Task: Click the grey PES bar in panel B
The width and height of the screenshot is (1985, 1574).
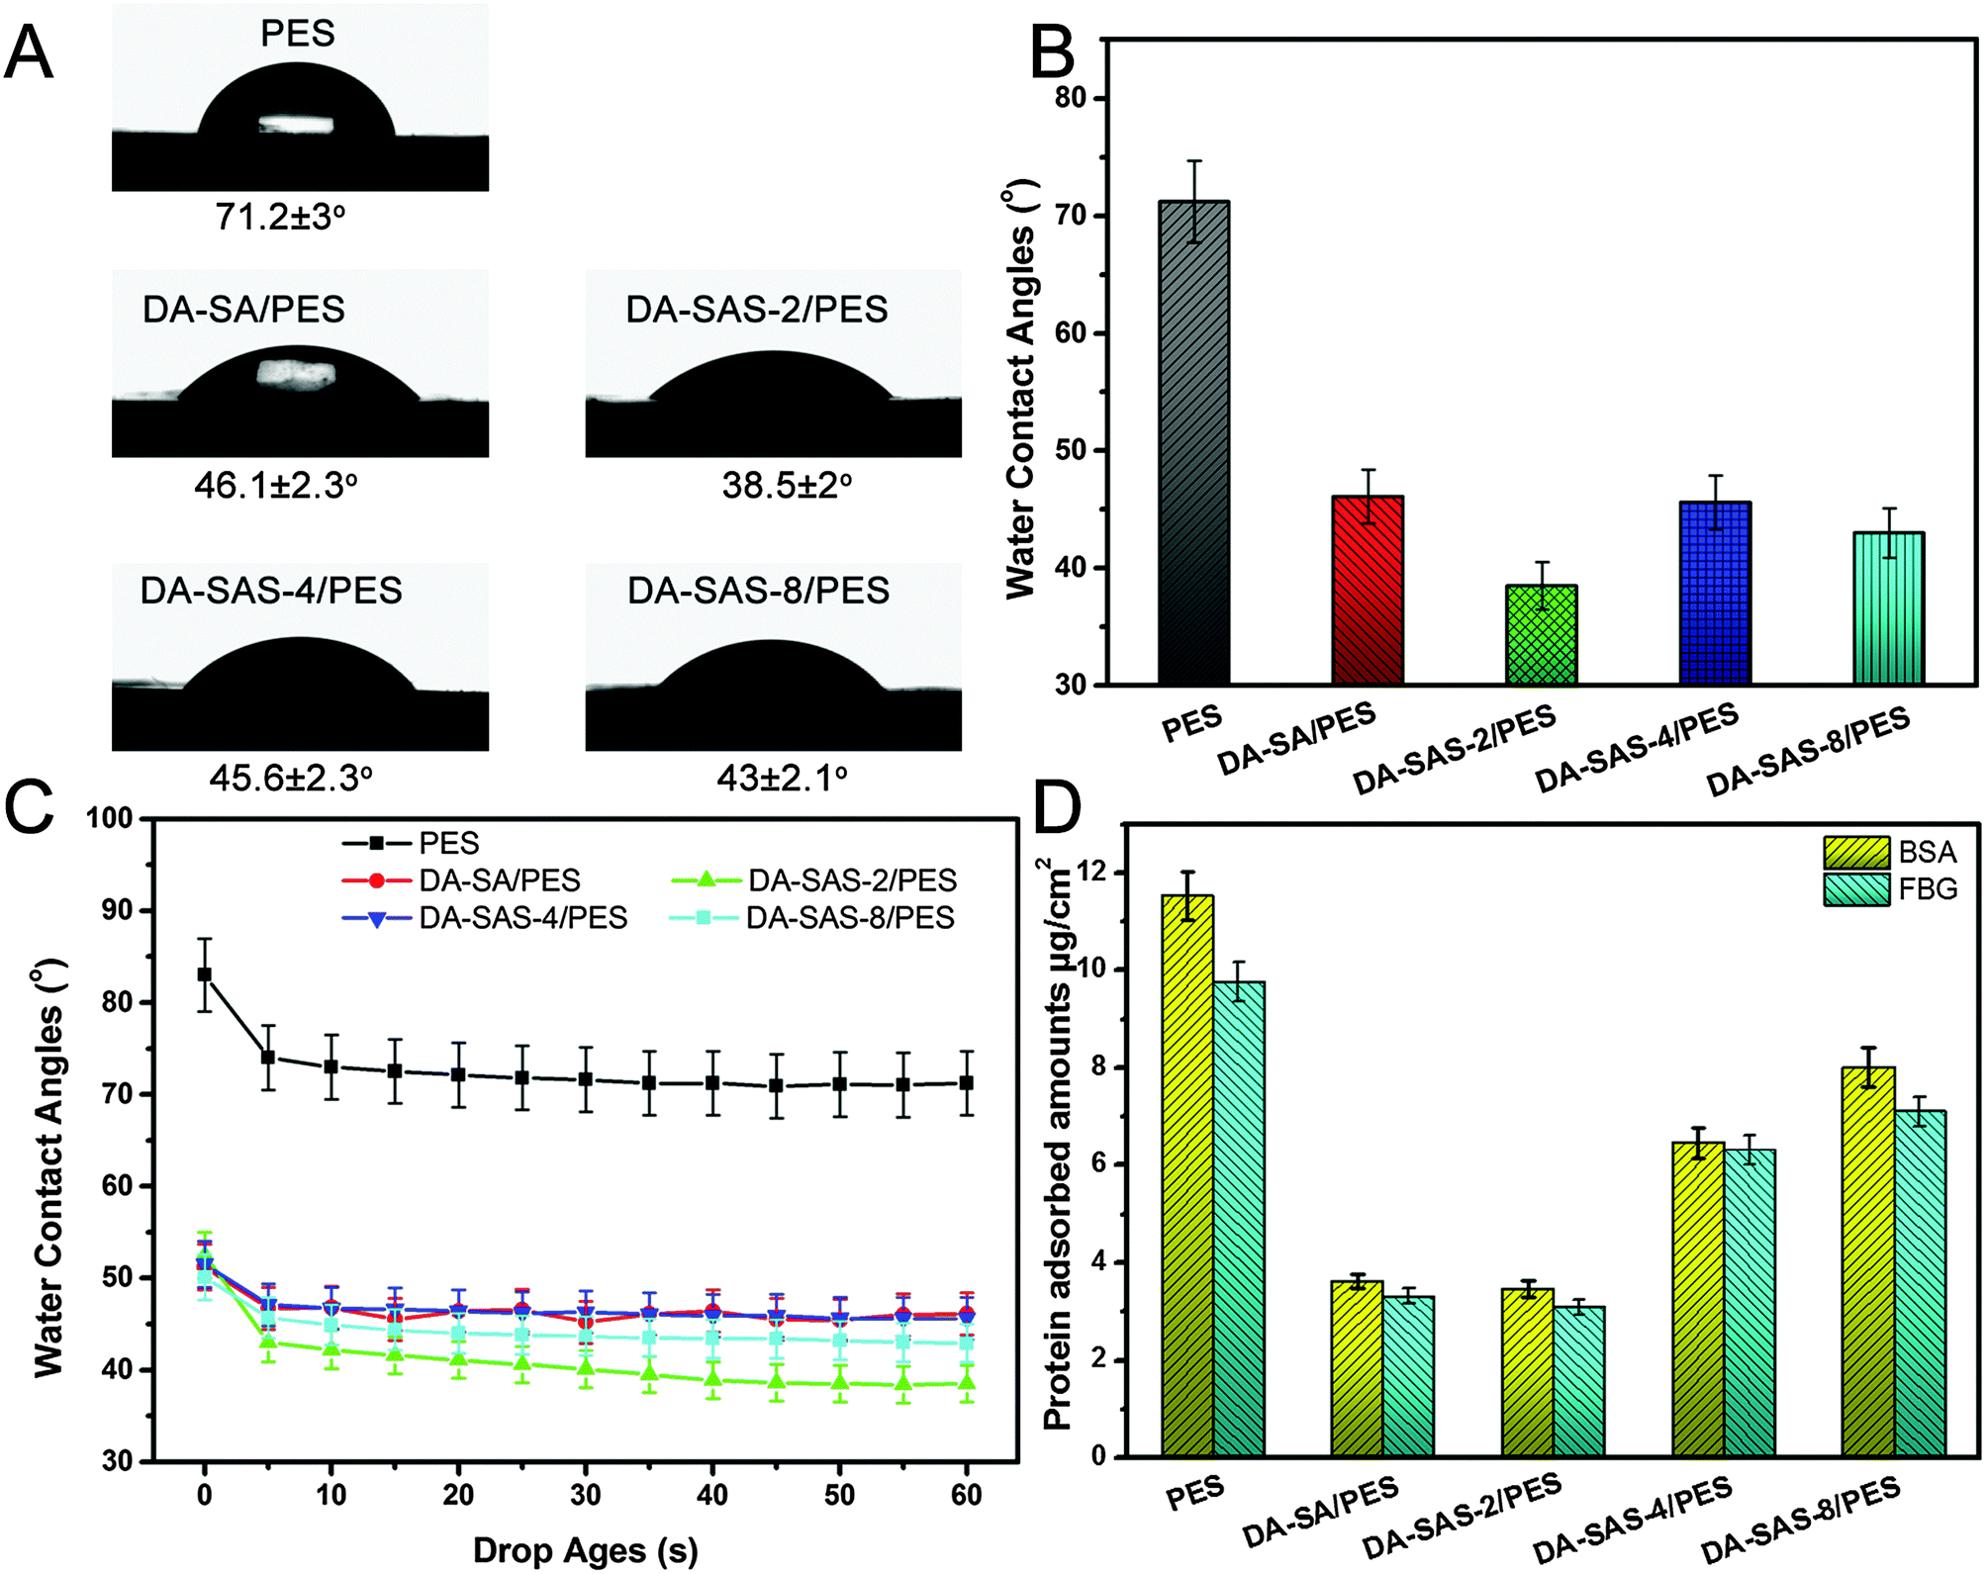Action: (x=1194, y=442)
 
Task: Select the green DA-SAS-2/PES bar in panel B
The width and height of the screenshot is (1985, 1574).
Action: (x=1541, y=634)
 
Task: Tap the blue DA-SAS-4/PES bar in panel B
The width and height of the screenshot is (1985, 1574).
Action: (x=1715, y=593)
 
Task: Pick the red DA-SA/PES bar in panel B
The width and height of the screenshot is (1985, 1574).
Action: (x=1368, y=590)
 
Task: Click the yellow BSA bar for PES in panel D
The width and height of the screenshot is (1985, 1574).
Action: (x=1187, y=1175)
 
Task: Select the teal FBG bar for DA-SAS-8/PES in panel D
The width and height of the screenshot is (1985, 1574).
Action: (x=1920, y=1283)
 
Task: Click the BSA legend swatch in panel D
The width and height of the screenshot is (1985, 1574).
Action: (x=1856, y=852)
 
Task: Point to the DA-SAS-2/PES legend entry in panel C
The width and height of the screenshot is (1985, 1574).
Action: (x=813, y=880)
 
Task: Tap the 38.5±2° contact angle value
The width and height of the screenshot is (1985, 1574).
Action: (x=787, y=485)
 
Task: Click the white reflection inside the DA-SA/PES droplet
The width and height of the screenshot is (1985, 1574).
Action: (x=296, y=373)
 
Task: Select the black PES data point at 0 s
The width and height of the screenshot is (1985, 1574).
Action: (x=205, y=974)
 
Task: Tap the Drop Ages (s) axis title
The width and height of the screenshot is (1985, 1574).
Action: (x=586, y=1550)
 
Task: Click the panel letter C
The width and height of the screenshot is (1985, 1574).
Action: (x=30, y=808)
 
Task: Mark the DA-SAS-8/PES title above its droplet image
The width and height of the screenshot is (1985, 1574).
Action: (x=758, y=591)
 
